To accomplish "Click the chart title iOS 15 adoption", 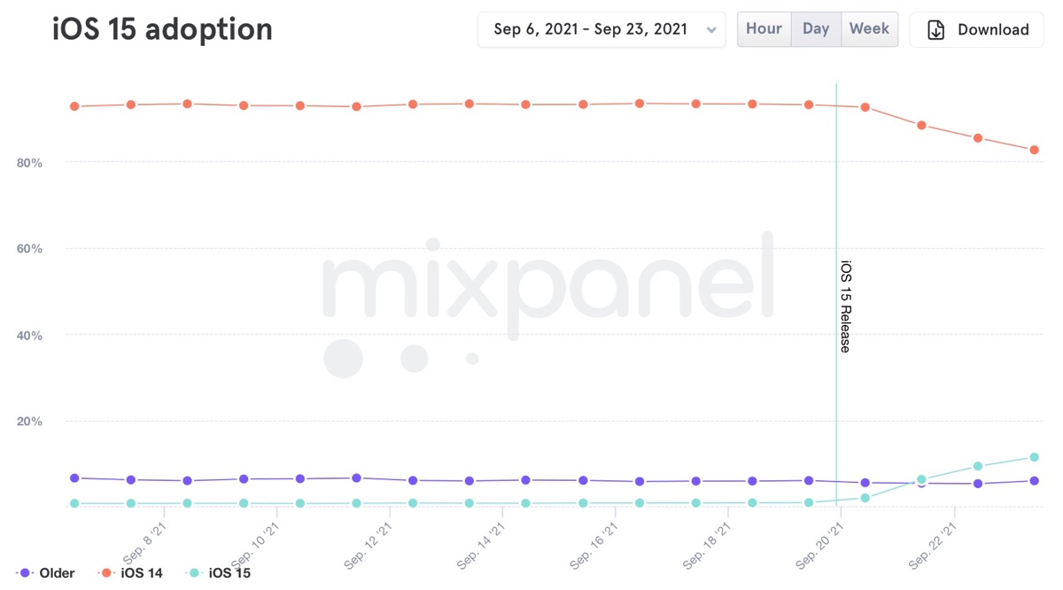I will (162, 29).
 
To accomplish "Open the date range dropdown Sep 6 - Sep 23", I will (601, 29).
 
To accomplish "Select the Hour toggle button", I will (764, 29).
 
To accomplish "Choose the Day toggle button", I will (816, 29).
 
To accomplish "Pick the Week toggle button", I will (869, 29).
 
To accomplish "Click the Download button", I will (977, 30).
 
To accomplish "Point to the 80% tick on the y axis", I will (29, 163).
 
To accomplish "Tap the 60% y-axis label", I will (29, 249).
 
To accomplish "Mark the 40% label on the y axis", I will (29, 336).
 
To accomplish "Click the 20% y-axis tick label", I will (29, 422).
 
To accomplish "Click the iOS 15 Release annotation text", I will (845, 307).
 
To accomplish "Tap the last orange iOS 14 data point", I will (1034, 150).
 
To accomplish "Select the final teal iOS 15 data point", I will (1034, 457).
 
